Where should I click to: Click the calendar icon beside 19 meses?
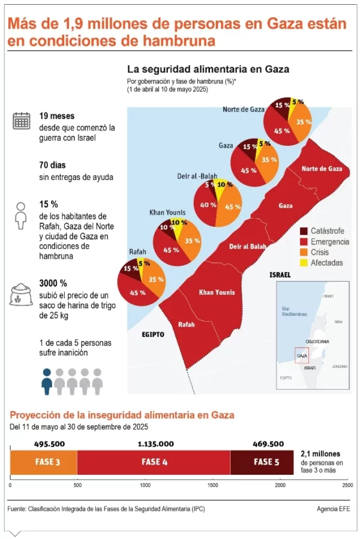[x=22, y=121]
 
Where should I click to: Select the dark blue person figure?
[x=46, y=381]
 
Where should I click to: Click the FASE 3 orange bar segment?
[x=44, y=462]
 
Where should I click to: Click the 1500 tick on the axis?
[x=212, y=484]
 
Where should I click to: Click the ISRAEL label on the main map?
[x=280, y=274]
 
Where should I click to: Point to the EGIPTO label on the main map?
[x=153, y=334]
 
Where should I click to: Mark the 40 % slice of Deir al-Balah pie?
[x=208, y=205]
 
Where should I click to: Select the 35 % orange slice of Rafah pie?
[x=155, y=279]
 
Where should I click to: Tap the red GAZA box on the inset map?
[x=301, y=355]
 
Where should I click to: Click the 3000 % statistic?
[x=53, y=283]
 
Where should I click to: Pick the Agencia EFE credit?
[x=333, y=509]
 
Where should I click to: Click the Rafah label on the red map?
[x=187, y=324]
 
